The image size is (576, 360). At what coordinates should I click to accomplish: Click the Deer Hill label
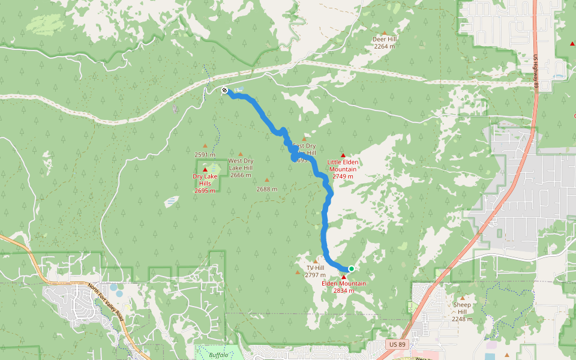(385, 39)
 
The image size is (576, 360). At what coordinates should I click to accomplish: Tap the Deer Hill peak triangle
(385, 32)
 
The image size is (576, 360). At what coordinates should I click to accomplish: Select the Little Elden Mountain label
(343, 166)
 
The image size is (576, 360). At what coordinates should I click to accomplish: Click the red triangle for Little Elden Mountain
(343, 155)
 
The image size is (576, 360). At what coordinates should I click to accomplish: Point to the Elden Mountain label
(344, 283)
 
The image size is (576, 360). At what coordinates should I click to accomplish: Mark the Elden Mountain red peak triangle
(344, 277)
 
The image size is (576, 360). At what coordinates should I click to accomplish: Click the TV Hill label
(315, 268)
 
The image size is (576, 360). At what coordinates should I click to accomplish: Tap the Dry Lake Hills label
(205, 179)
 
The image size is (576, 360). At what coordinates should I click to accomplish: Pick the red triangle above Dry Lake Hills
(205, 170)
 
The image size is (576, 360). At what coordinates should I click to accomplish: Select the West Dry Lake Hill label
(241, 164)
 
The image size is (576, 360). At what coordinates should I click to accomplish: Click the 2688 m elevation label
(267, 189)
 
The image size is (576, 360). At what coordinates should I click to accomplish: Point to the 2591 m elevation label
(205, 155)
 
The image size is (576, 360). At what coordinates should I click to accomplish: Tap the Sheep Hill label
(462, 308)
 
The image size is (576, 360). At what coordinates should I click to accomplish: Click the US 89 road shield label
(397, 345)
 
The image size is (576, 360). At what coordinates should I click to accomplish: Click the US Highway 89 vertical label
(535, 72)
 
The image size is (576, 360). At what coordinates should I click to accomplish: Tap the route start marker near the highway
(224, 91)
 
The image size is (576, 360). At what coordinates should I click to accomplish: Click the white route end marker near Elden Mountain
(351, 269)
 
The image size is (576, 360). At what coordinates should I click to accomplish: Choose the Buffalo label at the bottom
(219, 355)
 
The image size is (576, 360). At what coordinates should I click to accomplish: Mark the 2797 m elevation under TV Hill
(315, 275)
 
